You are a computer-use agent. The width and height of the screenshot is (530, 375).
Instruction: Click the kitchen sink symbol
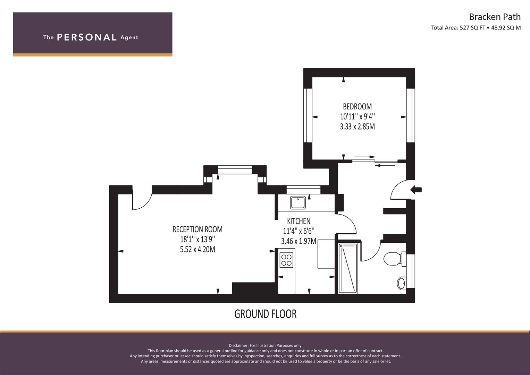click(x=298, y=203)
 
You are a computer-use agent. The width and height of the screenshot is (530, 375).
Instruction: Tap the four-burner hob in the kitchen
click(x=286, y=260)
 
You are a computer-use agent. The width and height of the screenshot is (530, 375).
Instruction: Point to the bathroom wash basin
click(x=402, y=283)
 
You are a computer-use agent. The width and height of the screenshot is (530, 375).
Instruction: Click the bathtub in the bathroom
click(x=348, y=268)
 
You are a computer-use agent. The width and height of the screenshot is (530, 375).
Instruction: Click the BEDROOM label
click(x=357, y=107)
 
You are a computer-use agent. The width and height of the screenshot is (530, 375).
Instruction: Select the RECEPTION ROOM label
click(x=197, y=230)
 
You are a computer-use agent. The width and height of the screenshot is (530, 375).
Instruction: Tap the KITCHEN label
click(x=298, y=221)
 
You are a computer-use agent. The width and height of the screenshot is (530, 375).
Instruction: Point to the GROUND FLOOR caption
click(x=265, y=314)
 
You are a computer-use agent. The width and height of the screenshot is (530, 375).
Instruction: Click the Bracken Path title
click(x=495, y=17)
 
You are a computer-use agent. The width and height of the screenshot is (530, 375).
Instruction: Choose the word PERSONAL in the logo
click(x=87, y=37)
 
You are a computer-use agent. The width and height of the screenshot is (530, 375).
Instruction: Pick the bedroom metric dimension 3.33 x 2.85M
click(x=357, y=127)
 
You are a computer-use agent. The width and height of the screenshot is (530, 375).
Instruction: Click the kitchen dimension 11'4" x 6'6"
click(x=298, y=231)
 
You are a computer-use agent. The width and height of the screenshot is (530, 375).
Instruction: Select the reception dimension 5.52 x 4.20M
click(x=197, y=250)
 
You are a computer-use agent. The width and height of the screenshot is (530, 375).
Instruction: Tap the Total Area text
click(x=476, y=28)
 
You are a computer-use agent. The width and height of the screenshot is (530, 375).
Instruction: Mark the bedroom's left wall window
click(x=308, y=115)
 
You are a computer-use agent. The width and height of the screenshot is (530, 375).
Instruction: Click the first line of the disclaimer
click(x=265, y=345)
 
